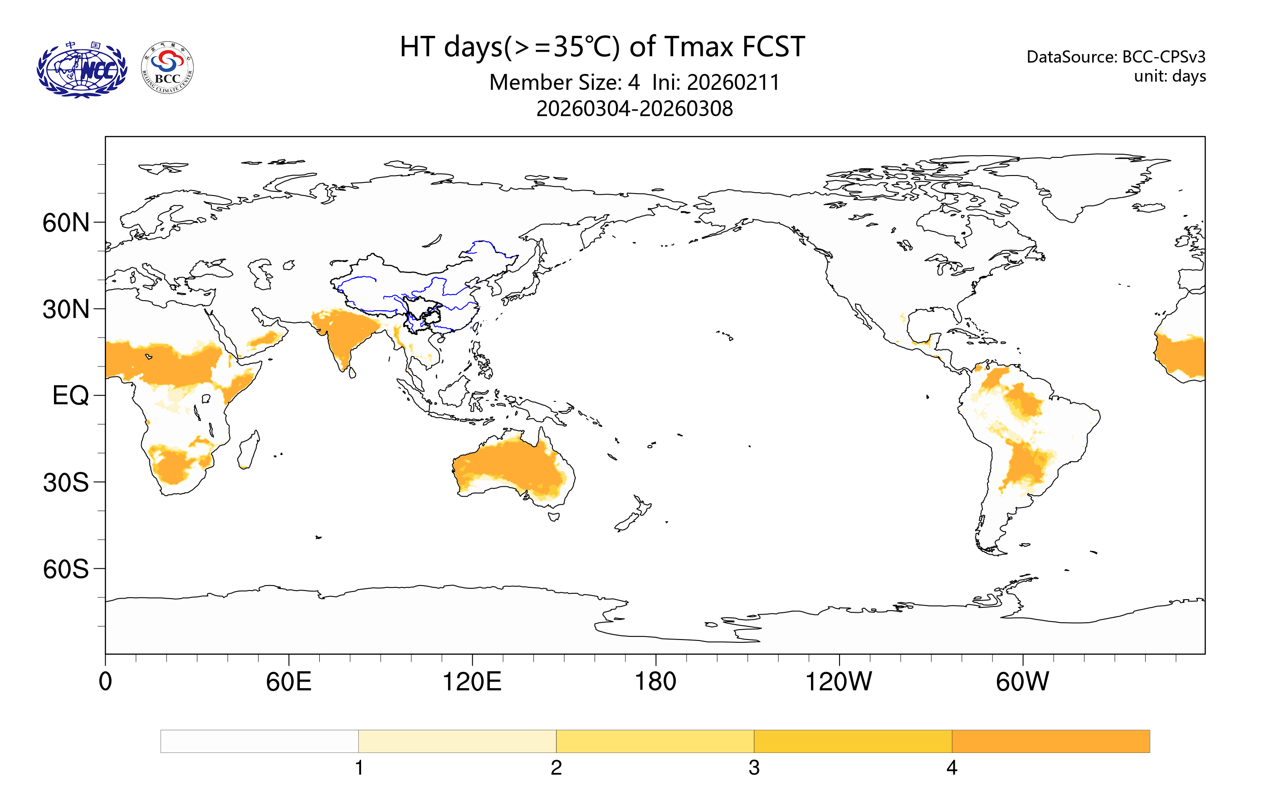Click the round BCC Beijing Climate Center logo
click(x=167, y=68)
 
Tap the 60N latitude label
click(x=66, y=223)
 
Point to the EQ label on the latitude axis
click(x=70, y=396)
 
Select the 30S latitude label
click(x=66, y=483)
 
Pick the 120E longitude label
click(x=472, y=682)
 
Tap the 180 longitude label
click(x=655, y=682)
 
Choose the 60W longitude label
click(x=1022, y=682)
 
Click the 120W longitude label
click(x=839, y=682)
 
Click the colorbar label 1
click(x=359, y=768)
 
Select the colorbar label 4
click(x=952, y=768)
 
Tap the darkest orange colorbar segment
click(x=1050, y=742)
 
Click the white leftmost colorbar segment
click(x=259, y=742)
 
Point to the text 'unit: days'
click(x=1170, y=77)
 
